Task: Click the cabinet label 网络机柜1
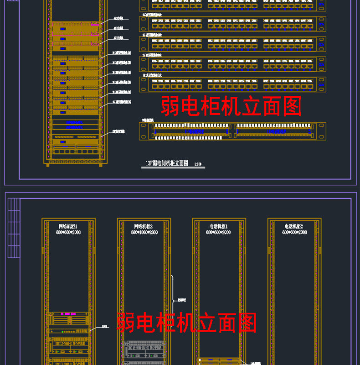click(x=68, y=226)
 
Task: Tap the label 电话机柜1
click(x=218, y=226)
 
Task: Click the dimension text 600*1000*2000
click(x=144, y=233)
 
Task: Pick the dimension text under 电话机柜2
click(x=294, y=233)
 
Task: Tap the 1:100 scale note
click(x=198, y=164)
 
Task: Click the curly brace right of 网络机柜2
click(x=172, y=299)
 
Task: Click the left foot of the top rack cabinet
click(x=47, y=165)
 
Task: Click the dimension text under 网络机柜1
click(x=68, y=233)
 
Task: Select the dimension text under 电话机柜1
click(x=218, y=233)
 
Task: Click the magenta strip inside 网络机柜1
click(x=68, y=314)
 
